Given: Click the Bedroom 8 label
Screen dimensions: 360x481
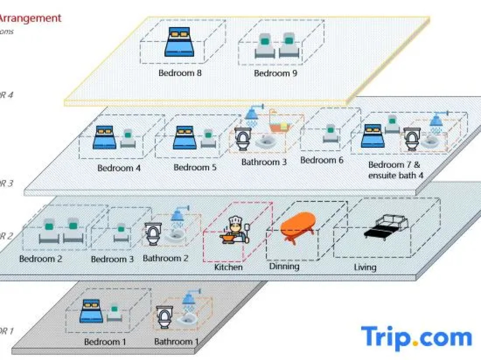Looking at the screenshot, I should [x=180, y=73].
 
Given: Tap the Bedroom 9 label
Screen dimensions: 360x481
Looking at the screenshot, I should [x=275, y=73].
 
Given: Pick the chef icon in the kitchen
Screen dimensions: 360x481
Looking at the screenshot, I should [x=235, y=230].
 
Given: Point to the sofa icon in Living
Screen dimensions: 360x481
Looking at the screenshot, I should [x=387, y=227].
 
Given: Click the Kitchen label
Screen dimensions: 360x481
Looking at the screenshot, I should [x=228, y=267].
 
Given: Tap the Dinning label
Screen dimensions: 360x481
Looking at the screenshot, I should [x=284, y=266].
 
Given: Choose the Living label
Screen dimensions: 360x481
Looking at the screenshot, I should [x=365, y=267].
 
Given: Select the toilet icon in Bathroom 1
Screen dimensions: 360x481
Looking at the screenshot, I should [x=164, y=317].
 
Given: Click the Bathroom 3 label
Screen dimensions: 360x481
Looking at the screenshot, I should [x=264, y=162].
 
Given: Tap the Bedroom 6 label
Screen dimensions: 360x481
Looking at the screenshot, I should [x=322, y=160].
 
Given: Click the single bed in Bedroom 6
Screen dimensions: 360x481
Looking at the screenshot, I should [x=330, y=133].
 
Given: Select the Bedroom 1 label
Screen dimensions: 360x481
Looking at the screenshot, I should [x=105, y=342].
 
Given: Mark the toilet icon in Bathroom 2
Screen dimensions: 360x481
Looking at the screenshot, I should [x=153, y=234].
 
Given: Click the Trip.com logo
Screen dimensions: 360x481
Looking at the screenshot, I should [x=416, y=337].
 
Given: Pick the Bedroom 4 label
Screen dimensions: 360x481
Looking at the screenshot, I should [x=119, y=168].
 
